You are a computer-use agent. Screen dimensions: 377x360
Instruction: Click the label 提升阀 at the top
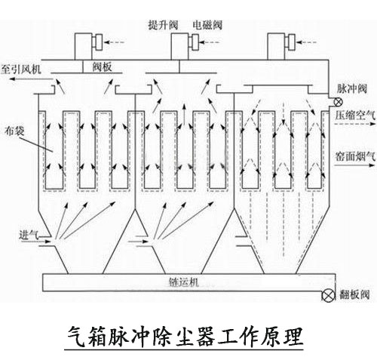click(x=163, y=25)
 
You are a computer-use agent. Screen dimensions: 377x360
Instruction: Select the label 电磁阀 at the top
click(x=207, y=25)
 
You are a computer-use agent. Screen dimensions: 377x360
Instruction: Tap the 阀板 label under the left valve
click(x=102, y=67)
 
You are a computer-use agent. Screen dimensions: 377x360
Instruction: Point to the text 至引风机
click(x=20, y=69)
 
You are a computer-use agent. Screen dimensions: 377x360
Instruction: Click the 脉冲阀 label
click(x=352, y=89)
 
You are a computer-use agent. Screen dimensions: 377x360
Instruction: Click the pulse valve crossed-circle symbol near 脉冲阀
click(x=338, y=102)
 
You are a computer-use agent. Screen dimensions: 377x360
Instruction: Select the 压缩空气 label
click(x=355, y=115)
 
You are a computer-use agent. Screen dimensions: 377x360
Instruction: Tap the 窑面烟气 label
click(x=355, y=156)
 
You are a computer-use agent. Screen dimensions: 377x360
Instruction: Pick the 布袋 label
click(x=14, y=131)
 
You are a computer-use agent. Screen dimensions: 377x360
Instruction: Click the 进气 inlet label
click(x=29, y=235)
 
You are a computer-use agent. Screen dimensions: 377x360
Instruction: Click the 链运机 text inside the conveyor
click(x=183, y=282)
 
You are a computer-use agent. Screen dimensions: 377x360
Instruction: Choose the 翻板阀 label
click(x=354, y=294)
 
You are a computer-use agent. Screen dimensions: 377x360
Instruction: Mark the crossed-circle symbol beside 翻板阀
click(x=329, y=295)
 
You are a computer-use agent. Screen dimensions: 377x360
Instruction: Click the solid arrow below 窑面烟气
click(x=354, y=165)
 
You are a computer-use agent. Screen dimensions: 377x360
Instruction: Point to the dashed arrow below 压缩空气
click(x=354, y=124)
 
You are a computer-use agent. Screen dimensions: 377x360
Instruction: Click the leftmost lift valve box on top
click(x=83, y=47)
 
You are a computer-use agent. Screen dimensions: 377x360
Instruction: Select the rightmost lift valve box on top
click(x=276, y=47)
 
